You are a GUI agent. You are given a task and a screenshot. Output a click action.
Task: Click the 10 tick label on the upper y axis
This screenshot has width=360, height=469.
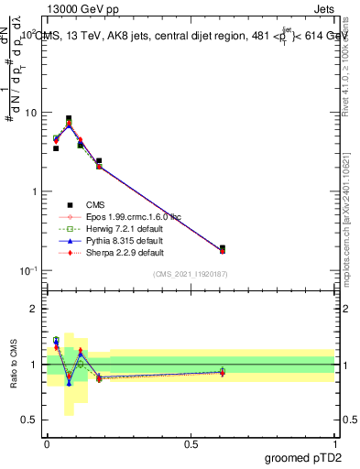coord(29,113)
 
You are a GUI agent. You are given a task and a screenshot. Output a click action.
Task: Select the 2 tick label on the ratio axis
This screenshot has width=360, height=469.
coord(35,309)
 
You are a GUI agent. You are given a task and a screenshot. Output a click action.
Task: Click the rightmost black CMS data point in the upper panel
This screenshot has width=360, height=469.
coord(223,247)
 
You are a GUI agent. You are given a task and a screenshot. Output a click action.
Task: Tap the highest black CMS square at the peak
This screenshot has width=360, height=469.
coord(69,118)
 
